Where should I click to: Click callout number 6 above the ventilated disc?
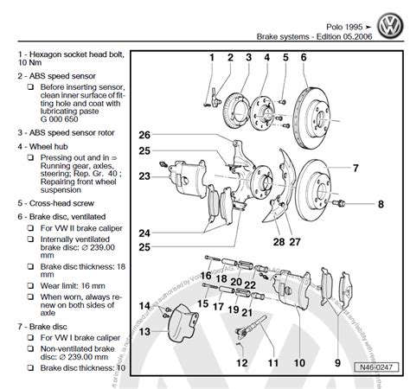pyautogui.click(x=304, y=58)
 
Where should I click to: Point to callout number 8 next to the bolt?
pyautogui.click(x=380, y=204)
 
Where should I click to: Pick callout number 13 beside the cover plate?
pyautogui.click(x=145, y=331)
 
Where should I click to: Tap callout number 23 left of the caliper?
pyautogui.click(x=144, y=177)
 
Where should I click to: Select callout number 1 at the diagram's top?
pyautogui.click(x=210, y=58)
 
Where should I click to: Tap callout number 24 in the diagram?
pyautogui.click(x=144, y=233)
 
